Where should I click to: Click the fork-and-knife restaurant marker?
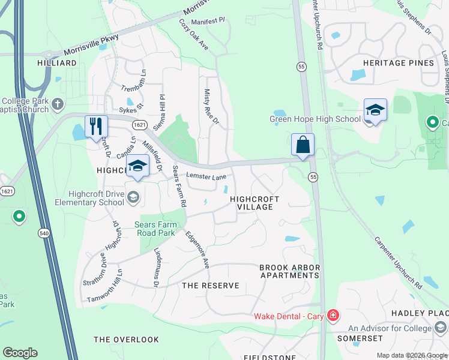(96, 127)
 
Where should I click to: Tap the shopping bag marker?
(303, 145)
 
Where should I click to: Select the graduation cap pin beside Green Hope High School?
(375, 110)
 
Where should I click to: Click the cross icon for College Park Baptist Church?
(58, 104)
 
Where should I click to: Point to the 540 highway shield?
(44, 221)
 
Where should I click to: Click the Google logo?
(20, 353)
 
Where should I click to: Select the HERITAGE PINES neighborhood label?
(398, 63)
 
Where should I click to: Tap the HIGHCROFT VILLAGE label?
(252, 202)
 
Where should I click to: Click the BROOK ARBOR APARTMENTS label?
(289, 271)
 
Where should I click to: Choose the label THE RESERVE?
(210, 286)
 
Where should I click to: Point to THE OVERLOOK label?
(126, 340)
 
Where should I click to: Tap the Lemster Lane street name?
(206, 176)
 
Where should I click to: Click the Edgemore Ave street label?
(197, 249)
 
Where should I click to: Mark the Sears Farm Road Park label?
(155, 229)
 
